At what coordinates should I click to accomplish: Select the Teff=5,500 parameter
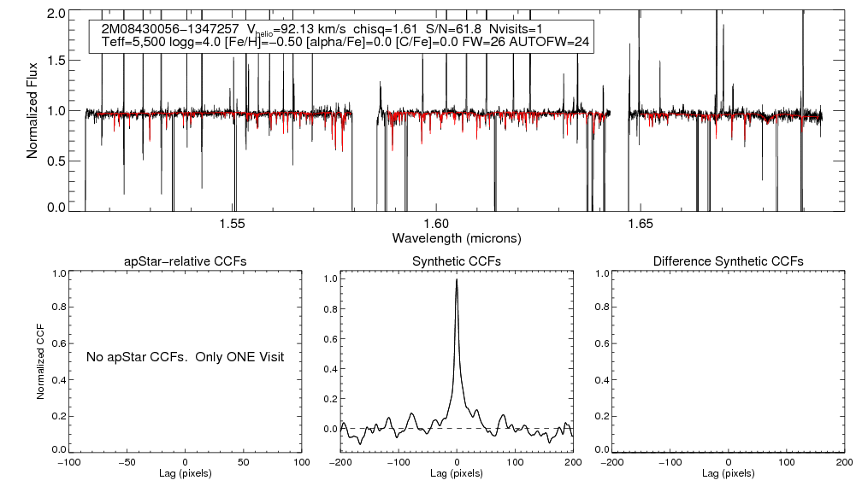click(x=133, y=42)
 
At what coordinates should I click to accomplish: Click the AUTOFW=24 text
click(x=556, y=42)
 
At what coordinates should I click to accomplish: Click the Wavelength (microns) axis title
click(x=457, y=237)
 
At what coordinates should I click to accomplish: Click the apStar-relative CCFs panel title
click(x=185, y=261)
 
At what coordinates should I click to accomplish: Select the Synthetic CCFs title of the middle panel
click(x=457, y=261)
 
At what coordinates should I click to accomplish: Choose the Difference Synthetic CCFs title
click(x=728, y=261)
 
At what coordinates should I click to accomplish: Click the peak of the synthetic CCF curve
click(x=457, y=279)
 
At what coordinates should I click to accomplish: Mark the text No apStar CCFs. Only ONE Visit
click(x=185, y=356)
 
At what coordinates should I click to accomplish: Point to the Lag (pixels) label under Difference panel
click(x=728, y=473)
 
